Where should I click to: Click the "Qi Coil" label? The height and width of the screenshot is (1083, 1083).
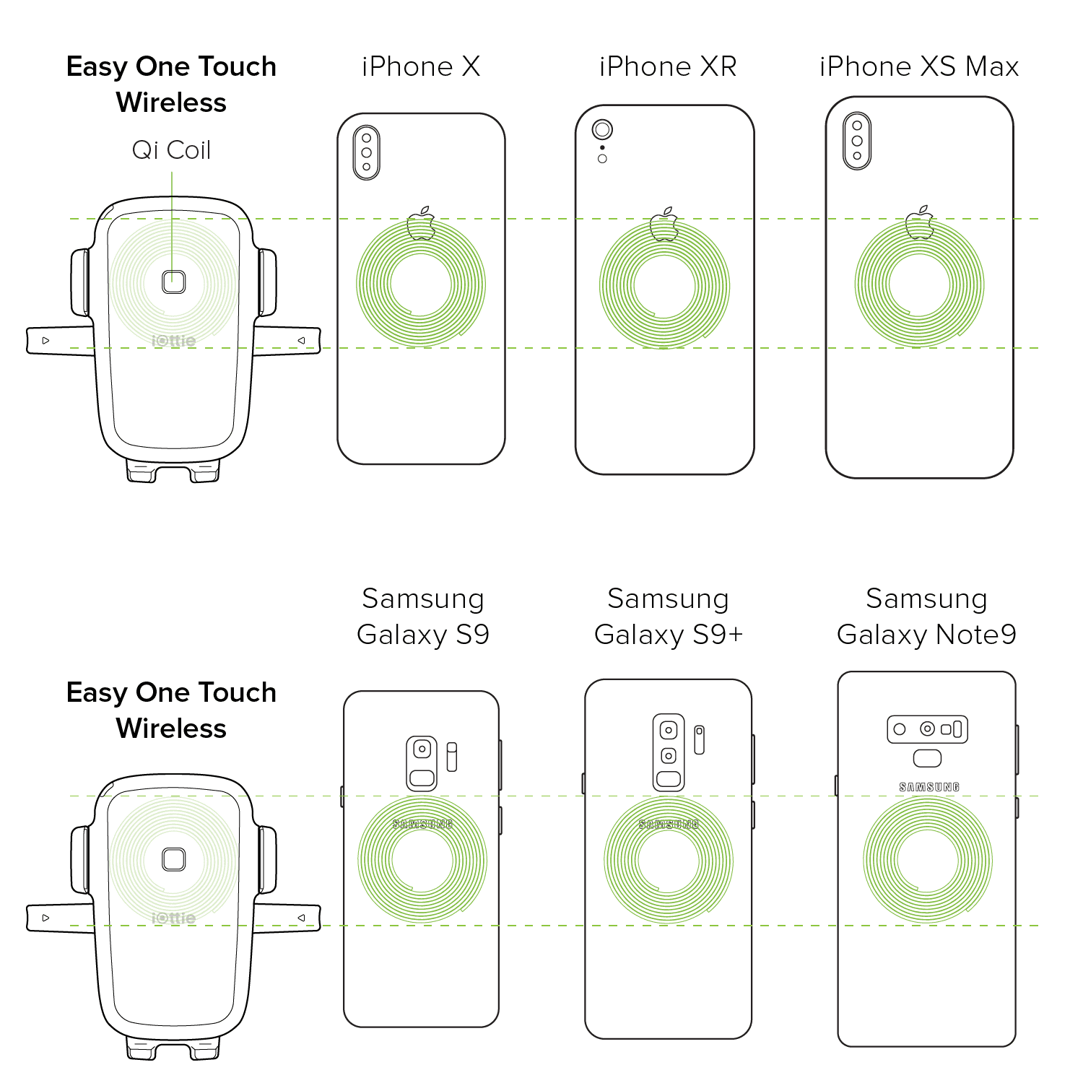click(x=171, y=150)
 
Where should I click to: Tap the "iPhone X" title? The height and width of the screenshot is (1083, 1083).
click(x=421, y=66)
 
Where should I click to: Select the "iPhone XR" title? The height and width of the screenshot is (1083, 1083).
click(x=668, y=66)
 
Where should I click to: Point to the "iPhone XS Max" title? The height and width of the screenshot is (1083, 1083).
click(x=918, y=66)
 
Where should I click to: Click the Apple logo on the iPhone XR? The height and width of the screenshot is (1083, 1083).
click(x=664, y=224)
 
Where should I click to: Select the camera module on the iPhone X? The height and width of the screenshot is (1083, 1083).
click(x=367, y=152)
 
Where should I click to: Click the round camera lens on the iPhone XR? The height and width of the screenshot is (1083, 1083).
click(x=602, y=130)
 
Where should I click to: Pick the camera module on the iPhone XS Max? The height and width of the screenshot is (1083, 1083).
click(x=857, y=141)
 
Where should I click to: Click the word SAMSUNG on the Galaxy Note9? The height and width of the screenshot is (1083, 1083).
click(x=929, y=787)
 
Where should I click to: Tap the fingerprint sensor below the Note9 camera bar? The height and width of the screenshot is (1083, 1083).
click(x=928, y=758)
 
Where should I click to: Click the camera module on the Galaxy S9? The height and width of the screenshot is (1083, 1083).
click(x=422, y=763)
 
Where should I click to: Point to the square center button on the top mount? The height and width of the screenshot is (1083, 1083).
click(x=174, y=282)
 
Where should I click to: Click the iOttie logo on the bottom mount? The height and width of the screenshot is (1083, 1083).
click(x=174, y=918)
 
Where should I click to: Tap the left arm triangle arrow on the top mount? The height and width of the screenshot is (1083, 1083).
click(x=45, y=340)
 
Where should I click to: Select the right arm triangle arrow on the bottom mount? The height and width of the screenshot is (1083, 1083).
click(x=302, y=918)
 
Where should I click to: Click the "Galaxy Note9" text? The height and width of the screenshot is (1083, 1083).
click(x=926, y=635)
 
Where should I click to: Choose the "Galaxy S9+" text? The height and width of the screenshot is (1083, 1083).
click(x=669, y=635)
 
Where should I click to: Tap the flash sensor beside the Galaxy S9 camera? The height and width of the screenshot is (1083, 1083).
click(x=452, y=757)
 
